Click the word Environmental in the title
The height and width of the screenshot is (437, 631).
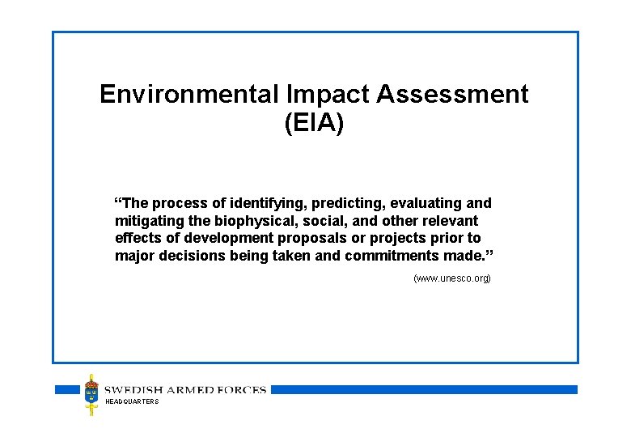[188, 95]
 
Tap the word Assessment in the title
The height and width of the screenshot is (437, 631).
[453, 95]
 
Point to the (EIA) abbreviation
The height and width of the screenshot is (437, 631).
[314, 124]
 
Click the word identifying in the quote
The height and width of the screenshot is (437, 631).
[257, 203]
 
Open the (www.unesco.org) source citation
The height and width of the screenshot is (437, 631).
[451, 278]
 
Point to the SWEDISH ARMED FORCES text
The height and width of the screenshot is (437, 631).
[186, 390]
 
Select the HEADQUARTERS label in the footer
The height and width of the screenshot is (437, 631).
[132, 402]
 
